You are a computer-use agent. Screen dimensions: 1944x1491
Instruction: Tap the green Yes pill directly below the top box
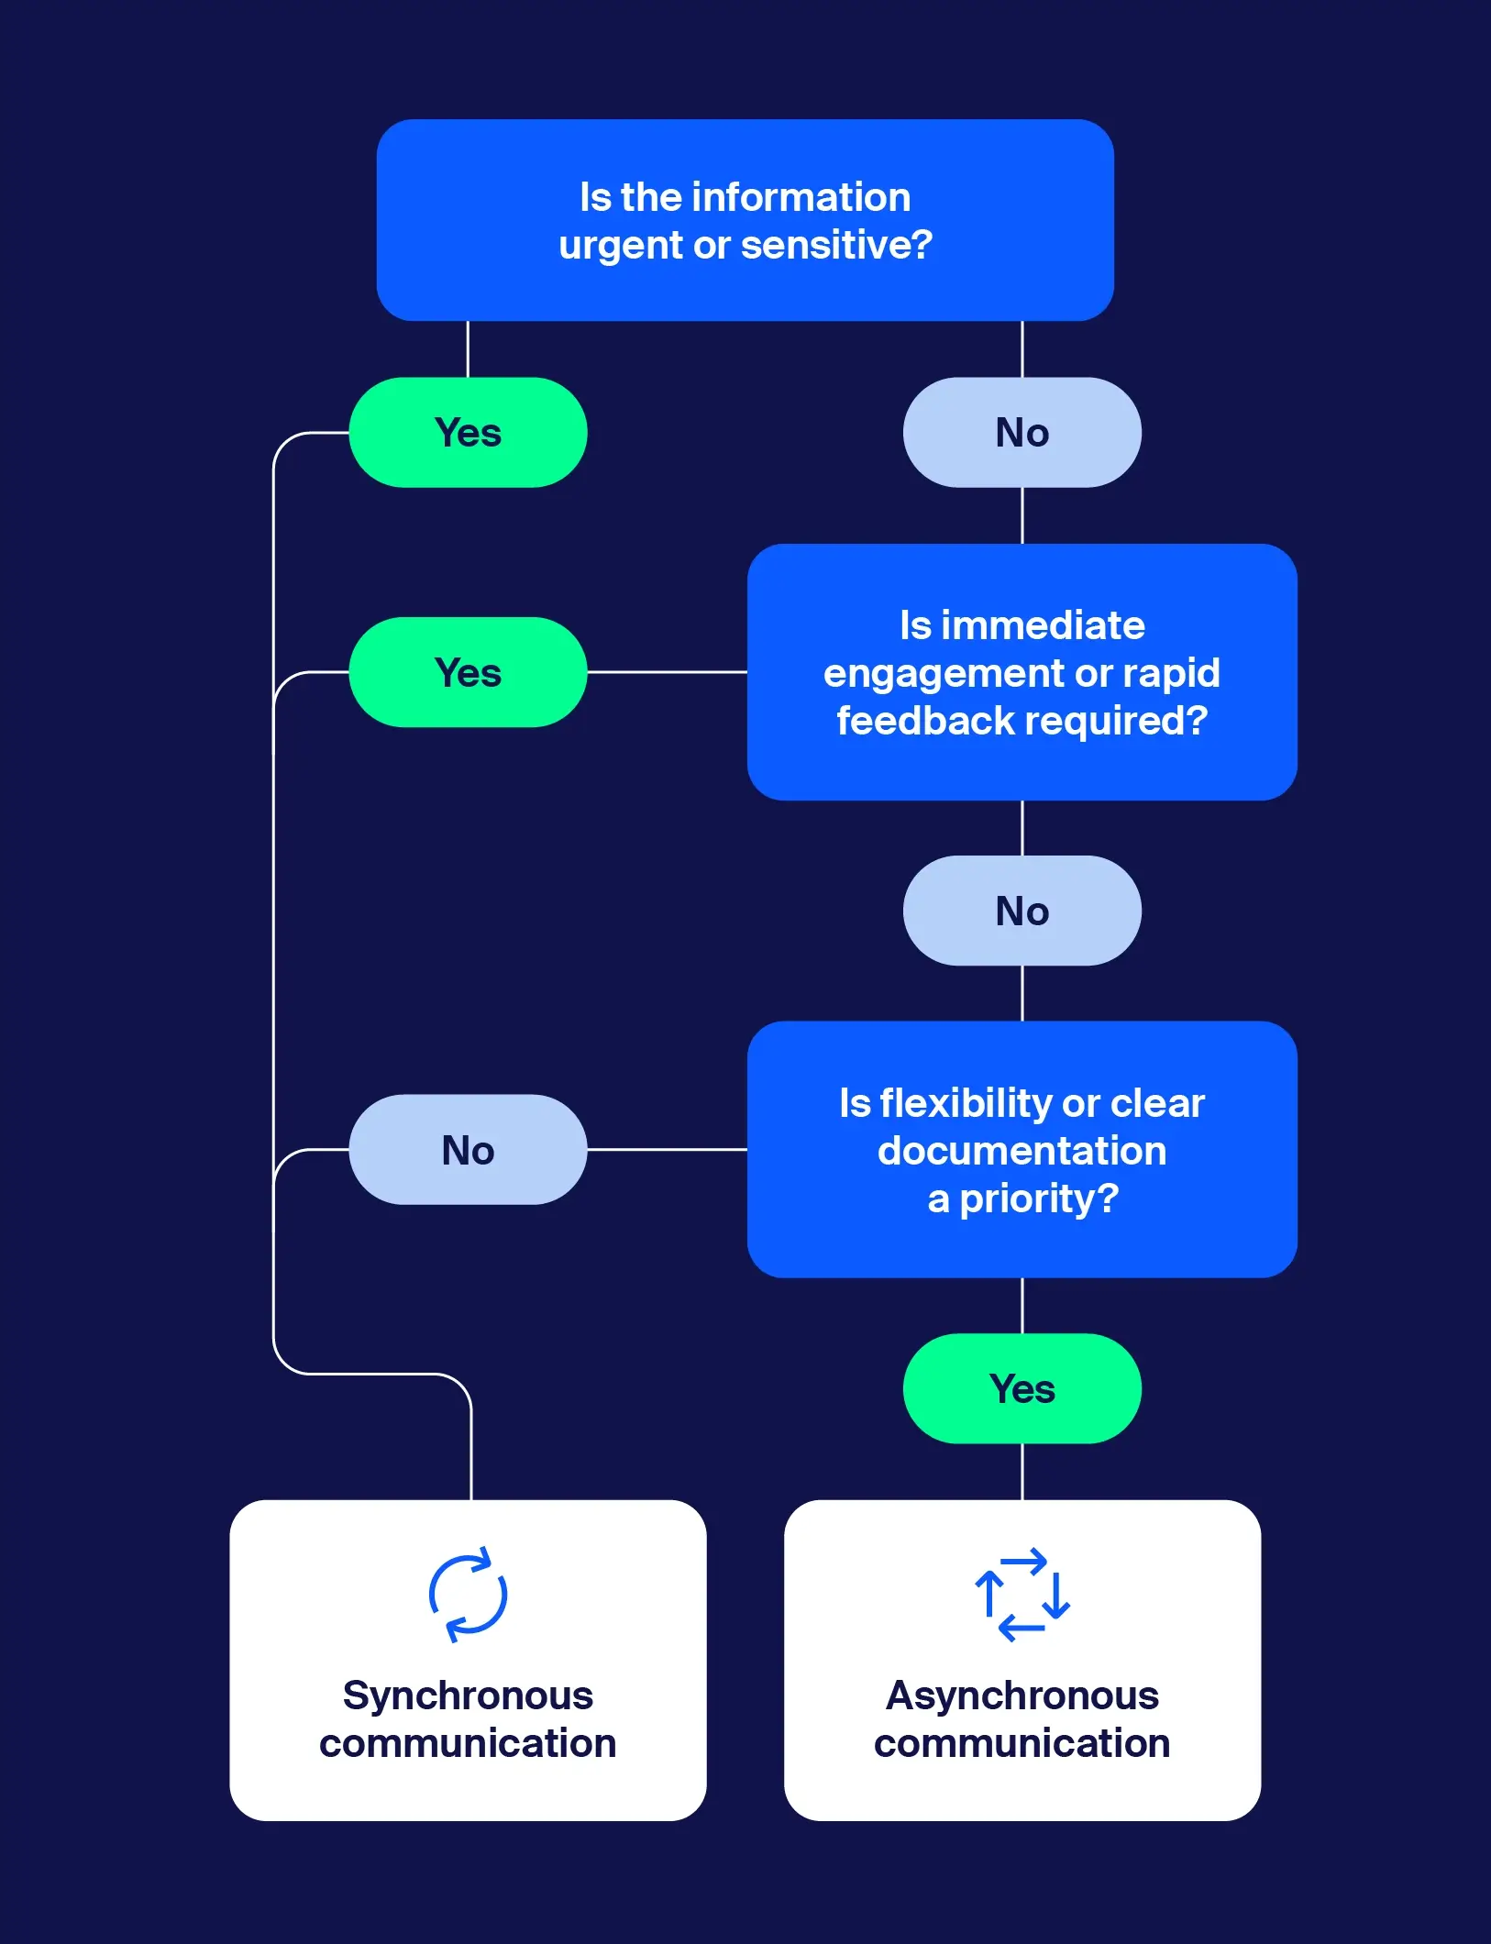468,433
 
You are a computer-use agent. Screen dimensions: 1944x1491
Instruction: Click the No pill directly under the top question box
1022,433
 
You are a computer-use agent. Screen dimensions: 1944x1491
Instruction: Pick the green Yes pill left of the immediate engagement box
468,673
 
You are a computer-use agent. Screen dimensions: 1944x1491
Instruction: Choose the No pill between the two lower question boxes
1022,911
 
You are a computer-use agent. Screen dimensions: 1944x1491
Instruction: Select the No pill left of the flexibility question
468,1150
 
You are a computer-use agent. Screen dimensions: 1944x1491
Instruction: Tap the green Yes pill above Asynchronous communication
1022,1389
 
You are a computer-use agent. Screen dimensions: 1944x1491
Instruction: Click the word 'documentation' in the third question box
1022,1151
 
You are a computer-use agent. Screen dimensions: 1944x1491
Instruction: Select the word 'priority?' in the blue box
1039,1199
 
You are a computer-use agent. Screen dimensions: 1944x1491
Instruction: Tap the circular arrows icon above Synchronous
468,1596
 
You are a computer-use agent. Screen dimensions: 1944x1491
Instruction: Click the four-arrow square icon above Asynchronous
1022,1596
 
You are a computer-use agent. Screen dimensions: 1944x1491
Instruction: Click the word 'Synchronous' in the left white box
468,1695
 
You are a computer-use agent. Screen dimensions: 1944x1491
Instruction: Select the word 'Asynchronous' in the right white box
1022,1695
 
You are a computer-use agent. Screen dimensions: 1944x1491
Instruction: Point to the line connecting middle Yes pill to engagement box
667,672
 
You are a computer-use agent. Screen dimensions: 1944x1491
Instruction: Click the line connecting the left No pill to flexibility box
667,1149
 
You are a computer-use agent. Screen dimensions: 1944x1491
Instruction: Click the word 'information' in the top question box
801,197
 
